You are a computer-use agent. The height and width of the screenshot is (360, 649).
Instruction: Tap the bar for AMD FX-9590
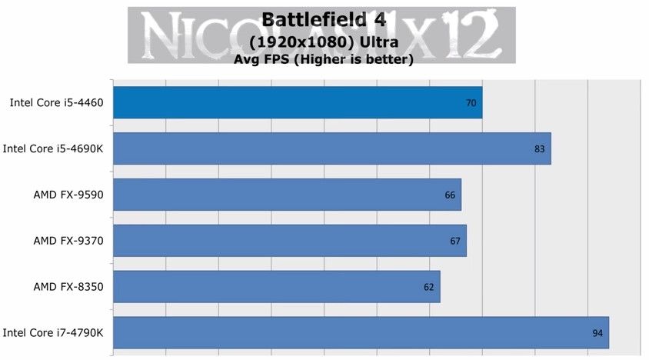(x=287, y=195)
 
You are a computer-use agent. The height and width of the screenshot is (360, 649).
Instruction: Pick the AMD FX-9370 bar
(x=290, y=241)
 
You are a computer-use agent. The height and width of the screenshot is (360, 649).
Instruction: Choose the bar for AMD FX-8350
(x=277, y=287)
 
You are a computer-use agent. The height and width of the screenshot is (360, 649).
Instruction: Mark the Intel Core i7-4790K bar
(x=361, y=333)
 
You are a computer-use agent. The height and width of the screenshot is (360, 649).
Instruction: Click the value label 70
(x=472, y=103)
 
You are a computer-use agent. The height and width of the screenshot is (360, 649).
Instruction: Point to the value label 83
(x=540, y=149)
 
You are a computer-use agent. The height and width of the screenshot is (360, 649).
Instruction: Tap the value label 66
(x=451, y=195)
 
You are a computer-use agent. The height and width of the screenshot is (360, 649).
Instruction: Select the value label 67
(x=455, y=242)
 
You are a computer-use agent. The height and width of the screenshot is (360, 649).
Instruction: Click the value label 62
(x=429, y=288)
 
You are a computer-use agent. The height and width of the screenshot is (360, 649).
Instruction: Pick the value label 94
(x=597, y=334)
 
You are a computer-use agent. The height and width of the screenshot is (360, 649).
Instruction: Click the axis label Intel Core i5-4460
(x=57, y=102)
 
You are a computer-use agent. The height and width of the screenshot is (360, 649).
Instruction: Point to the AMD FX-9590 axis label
(x=68, y=195)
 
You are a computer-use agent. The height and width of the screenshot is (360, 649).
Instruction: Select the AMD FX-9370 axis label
(x=68, y=241)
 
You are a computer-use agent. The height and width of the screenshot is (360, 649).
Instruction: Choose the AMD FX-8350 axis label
(x=68, y=287)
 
